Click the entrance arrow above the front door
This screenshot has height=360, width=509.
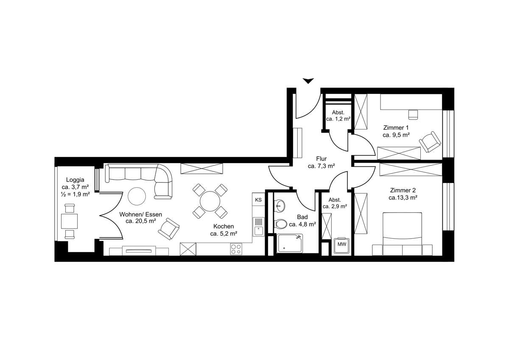click(x=308, y=81)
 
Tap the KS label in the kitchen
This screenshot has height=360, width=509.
click(x=258, y=200)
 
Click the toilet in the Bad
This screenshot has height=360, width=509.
click(x=281, y=224)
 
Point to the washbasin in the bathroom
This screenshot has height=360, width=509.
click(x=280, y=206)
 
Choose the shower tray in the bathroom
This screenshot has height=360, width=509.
click(x=290, y=243)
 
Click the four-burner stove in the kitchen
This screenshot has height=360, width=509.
click(x=236, y=249)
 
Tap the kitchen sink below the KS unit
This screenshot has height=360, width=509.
click(x=259, y=227)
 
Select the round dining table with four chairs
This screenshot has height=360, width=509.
click(x=210, y=201)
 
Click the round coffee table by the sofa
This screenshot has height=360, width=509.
click(x=137, y=196)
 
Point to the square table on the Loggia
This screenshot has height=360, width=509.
click(x=69, y=221)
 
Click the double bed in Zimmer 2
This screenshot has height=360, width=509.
click(x=403, y=234)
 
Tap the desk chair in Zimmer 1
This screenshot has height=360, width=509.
click(x=413, y=115)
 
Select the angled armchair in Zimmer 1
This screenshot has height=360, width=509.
click(x=430, y=142)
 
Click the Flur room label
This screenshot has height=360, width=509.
click(x=322, y=158)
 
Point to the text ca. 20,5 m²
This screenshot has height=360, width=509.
click(x=141, y=221)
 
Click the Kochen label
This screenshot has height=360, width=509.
click(x=224, y=226)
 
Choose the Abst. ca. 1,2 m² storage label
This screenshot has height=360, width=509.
click(x=338, y=115)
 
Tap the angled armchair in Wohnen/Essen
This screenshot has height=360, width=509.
click(x=169, y=229)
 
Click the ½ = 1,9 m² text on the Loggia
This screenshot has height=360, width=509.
click(x=75, y=194)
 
